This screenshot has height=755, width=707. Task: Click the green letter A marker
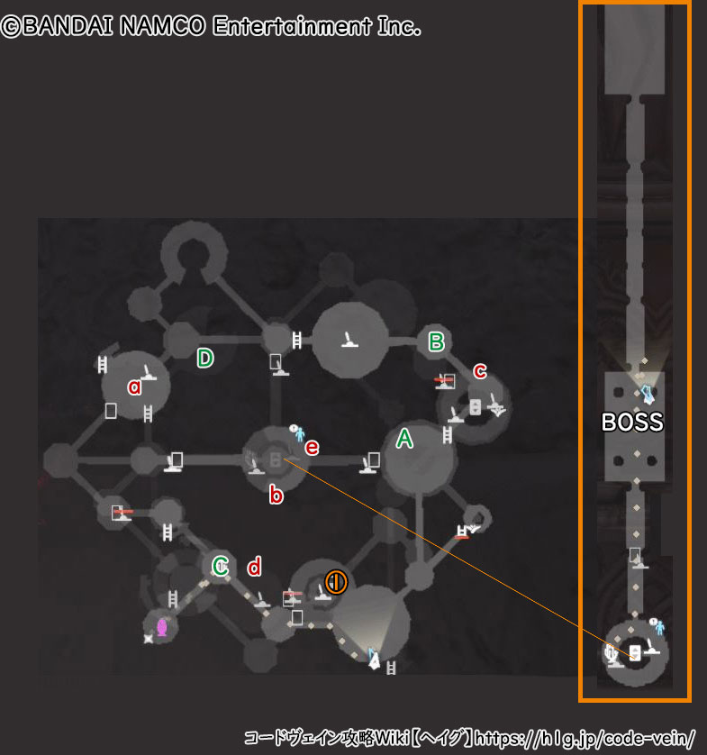pos(404,439)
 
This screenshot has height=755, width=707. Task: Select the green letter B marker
pos(437,341)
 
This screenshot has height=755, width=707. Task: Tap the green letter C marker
pos(221,566)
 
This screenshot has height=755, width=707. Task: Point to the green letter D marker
pos(205,359)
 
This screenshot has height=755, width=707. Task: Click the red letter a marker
pos(135,387)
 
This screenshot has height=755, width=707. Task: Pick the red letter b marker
pos(276,494)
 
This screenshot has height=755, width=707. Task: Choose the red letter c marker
pos(480,371)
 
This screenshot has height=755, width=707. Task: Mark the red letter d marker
pos(254,567)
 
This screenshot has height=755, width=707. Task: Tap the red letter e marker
pos(312,448)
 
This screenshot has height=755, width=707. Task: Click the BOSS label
pos(632,423)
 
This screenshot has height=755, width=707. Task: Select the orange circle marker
pos(336,582)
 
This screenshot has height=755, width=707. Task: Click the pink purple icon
pos(162,627)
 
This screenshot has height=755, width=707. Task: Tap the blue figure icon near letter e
pos(300,434)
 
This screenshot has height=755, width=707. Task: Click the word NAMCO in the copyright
pos(163,26)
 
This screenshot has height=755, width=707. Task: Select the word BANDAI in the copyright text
pos(67,26)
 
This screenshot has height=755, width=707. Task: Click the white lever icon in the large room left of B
pos(349,340)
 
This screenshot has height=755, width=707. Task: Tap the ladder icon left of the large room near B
pos(297,340)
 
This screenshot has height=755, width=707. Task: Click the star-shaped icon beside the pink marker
pos(149,639)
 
